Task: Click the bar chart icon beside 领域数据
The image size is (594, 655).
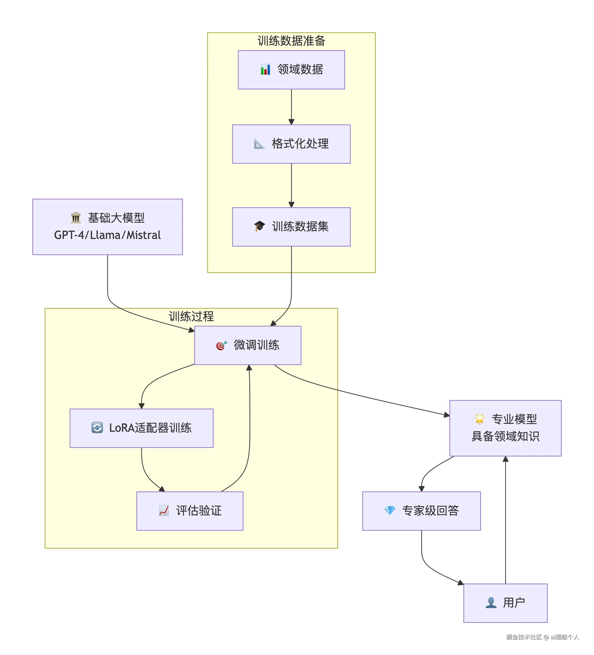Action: click(x=265, y=69)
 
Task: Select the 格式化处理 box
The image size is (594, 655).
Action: click(x=291, y=144)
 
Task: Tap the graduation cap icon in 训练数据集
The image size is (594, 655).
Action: click(x=259, y=226)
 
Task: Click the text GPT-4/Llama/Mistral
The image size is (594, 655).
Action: click(x=107, y=235)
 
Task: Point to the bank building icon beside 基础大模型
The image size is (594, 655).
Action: click(x=76, y=218)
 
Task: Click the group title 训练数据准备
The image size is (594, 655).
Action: click(x=291, y=41)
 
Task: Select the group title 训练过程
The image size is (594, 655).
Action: click(x=191, y=316)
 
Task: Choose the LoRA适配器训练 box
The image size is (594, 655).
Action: click(x=142, y=428)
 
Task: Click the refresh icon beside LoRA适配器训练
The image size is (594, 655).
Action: click(x=97, y=427)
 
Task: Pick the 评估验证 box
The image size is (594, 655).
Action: click(x=190, y=511)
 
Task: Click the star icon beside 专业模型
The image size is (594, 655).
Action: click(x=479, y=419)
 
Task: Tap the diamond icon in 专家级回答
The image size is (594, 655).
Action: click(x=389, y=511)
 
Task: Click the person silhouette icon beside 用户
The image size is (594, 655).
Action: click(x=491, y=603)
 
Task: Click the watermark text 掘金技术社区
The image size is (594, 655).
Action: click(x=524, y=637)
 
